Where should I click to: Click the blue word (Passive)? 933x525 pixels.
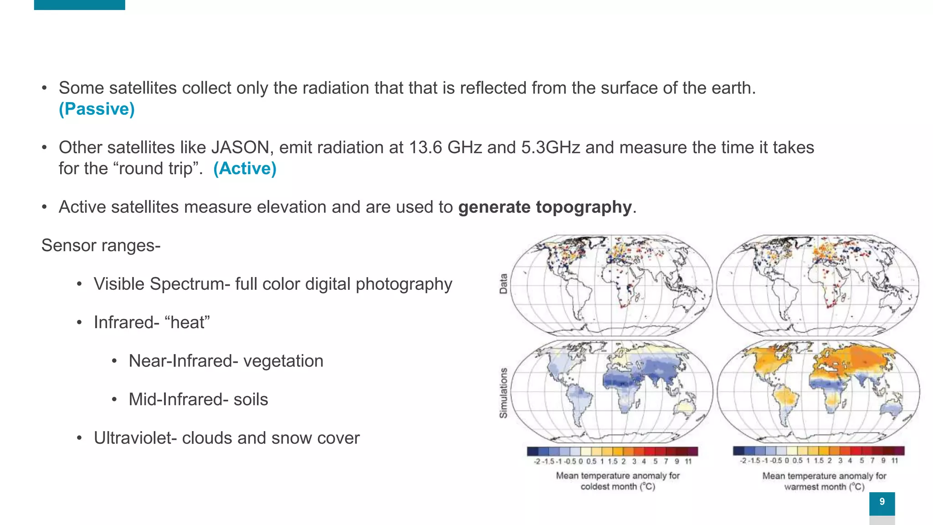pyautogui.click(x=97, y=109)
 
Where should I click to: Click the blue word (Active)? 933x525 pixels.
pyautogui.click(x=245, y=169)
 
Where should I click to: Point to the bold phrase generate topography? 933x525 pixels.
pyautogui.click(x=544, y=207)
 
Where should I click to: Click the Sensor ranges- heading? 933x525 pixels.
pyautogui.click(x=101, y=246)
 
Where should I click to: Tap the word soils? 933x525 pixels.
pyautogui.click(x=251, y=400)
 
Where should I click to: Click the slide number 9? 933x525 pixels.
pyautogui.click(x=882, y=502)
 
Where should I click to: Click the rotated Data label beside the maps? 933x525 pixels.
pyautogui.click(x=503, y=283)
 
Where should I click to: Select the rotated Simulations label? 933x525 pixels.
pyautogui.click(x=503, y=393)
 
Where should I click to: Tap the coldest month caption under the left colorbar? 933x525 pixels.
pyautogui.click(x=617, y=487)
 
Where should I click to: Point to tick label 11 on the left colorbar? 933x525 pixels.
pyautogui.click(x=688, y=462)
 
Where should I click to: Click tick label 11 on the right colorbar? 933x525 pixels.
pyautogui.click(x=895, y=461)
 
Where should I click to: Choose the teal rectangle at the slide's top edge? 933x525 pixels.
pyautogui.click(x=79, y=5)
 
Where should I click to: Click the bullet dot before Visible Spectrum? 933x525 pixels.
pyautogui.click(x=79, y=284)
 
